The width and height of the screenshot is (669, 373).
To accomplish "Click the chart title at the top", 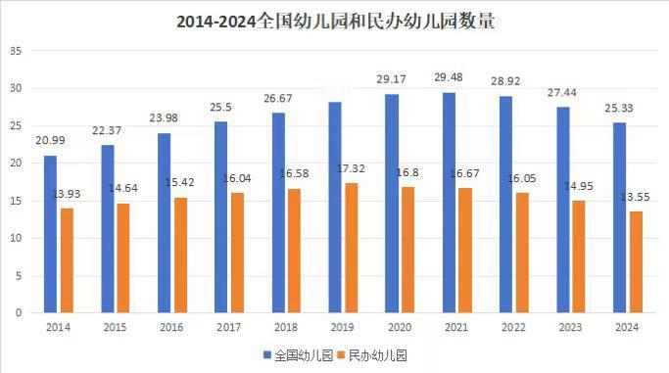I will click(335, 21).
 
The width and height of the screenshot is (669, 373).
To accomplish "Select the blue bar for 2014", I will click(50, 234).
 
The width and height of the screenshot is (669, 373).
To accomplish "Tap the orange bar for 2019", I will click(352, 248).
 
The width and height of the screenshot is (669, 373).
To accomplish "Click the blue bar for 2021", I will click(449, 203).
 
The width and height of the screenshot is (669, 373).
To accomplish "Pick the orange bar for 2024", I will click(636, 261).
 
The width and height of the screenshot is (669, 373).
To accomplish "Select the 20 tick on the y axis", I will click(16, 163).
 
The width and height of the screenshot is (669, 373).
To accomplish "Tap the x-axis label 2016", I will click(172, 329).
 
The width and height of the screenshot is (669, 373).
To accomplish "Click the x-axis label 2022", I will click(514, 329).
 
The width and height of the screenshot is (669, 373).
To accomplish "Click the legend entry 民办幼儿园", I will click(374, 356).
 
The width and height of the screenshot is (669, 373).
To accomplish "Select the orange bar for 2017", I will click(238, 253).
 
